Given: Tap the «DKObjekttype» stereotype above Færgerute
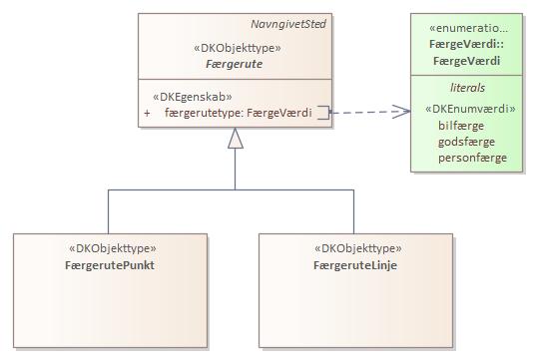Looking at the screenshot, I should coord(236,47).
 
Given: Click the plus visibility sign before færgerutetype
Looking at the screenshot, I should coord(148,113).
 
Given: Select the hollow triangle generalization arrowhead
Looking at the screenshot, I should coord(236,141).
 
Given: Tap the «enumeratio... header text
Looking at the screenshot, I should coord(472,28).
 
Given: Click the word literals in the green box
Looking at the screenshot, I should coord(467,88).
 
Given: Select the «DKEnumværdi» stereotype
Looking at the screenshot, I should coord(470,109).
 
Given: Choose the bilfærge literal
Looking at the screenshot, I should coord(461,126).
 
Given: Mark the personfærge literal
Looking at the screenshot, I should coord(472,158).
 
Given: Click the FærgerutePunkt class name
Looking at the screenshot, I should coord(111,265).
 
